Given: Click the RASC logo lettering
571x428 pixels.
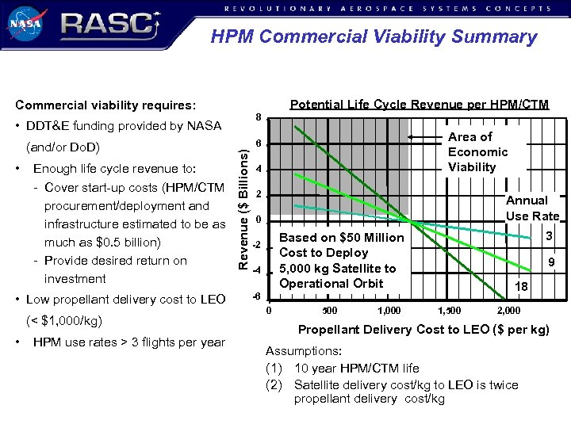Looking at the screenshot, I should [x=107, y=25].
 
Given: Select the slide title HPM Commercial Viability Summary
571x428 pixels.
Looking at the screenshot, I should [x=374, y=37].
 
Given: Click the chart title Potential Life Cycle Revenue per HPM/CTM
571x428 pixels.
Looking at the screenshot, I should [x=419, y=105].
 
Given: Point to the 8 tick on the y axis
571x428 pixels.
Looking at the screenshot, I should [x=259, y=117].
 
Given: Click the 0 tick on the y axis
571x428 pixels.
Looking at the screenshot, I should [x=259, y=219].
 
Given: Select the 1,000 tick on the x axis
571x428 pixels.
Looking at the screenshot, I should [x=389, y=310].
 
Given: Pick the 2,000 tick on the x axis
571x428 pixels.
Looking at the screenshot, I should [x=508, y=310].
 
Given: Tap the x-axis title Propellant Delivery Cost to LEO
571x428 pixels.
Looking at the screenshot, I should [x=423, y=330].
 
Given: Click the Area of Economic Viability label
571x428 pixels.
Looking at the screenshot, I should [x=477, y=152].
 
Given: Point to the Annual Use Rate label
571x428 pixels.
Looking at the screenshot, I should [x=532, y=208].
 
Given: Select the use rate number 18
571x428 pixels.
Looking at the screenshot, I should [x=521, y=287].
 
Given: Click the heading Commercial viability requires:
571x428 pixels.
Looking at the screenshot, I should [x=105, y=105].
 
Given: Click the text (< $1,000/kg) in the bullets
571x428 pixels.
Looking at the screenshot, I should [x=64, y=321].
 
